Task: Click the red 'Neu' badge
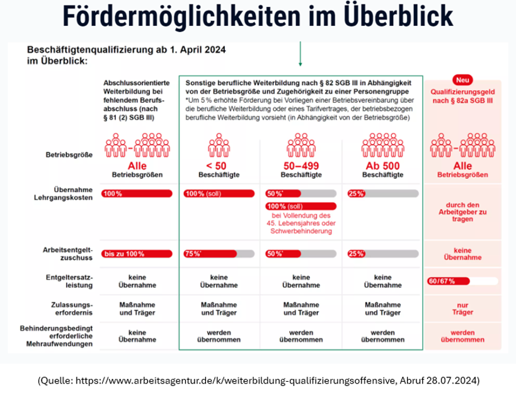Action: (463, 80)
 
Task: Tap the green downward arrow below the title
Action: (301, 55)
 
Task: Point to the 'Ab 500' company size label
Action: (382, 165)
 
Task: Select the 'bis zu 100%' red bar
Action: (137, 254)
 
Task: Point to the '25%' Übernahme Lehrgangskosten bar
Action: (382, 193)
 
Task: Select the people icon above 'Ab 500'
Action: (382, 144)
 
